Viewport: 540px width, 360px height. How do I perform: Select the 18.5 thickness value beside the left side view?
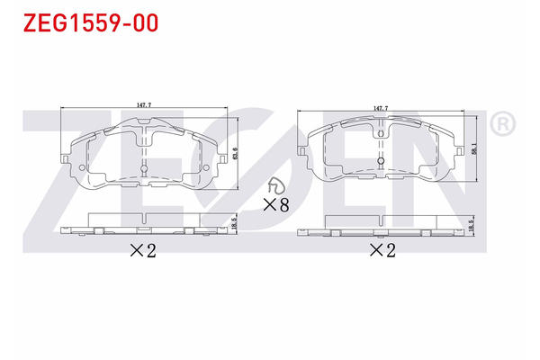point(235,223)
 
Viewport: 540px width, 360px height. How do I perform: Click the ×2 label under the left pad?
point(146,251)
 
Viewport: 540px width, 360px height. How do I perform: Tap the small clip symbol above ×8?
point(274,184)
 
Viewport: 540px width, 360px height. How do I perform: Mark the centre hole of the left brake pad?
point(144,168)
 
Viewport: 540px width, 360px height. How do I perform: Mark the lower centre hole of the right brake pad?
point(382,164)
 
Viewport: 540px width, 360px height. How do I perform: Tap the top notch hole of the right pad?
point(382,134)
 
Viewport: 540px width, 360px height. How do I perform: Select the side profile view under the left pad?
point(144,224)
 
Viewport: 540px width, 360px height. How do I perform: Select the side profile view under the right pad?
point(382,227)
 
